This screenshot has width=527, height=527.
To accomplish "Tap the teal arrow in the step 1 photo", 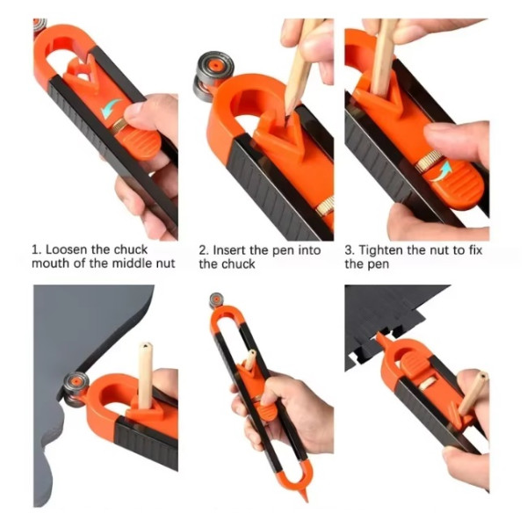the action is tap(111, 108).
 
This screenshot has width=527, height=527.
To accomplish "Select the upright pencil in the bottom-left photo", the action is tap(146, 375).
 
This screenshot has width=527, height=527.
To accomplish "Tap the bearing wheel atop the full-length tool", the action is tap(216, 300).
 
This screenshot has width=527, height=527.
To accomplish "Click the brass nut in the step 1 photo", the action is tap(119, 126).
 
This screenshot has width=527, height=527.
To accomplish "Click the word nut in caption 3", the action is tap(441, 250).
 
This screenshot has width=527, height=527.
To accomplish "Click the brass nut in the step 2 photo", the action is tap(325, 206).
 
